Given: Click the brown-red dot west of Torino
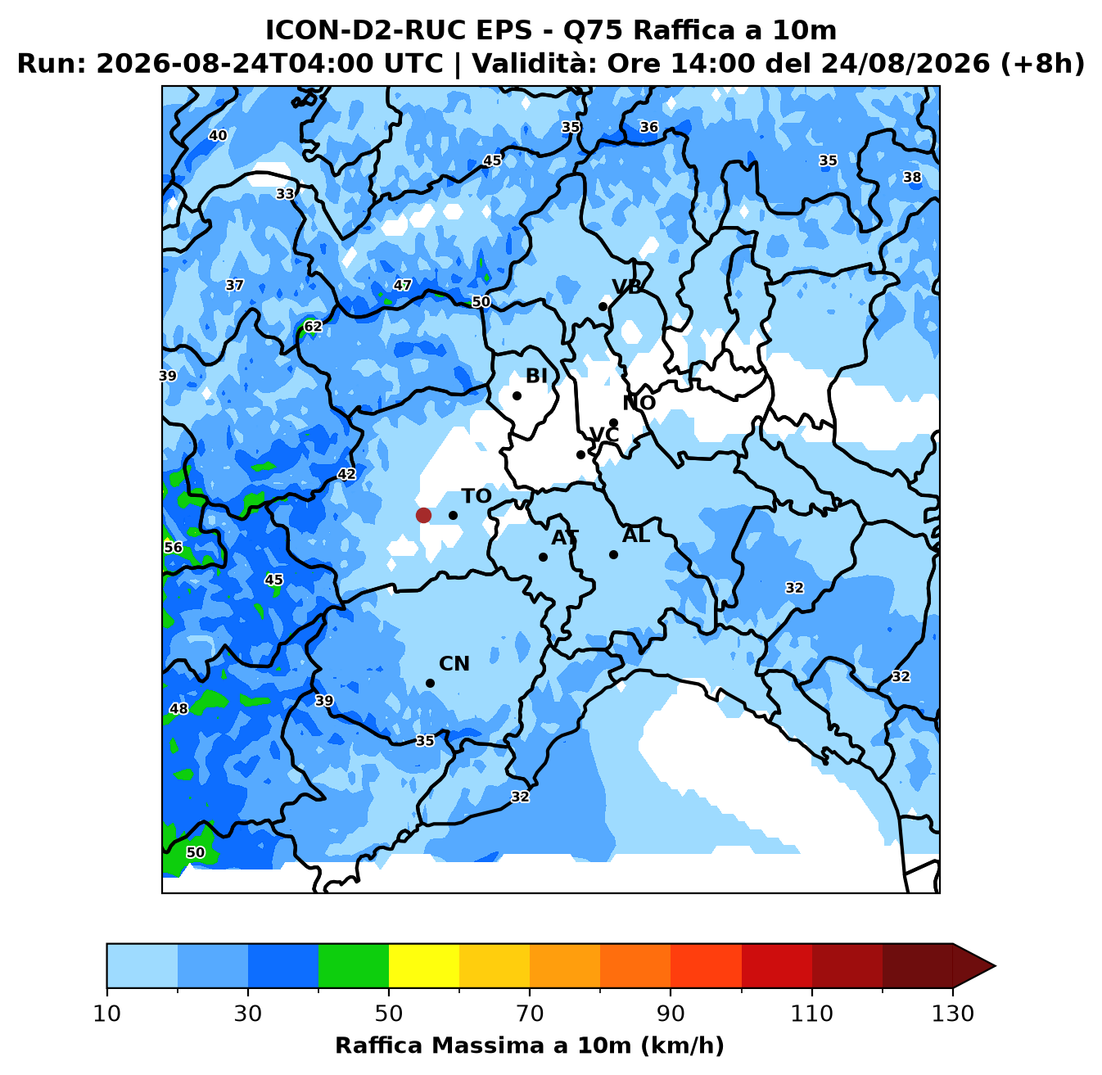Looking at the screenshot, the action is [423, 515].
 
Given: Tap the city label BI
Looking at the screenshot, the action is [536, 376].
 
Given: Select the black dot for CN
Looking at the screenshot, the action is [430, 683].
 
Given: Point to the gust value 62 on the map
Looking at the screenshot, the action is [313, 326].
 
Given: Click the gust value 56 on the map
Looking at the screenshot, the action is [174, 547].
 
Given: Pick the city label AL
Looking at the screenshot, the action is [636, 535].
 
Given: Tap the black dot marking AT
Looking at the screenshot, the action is [543, 557].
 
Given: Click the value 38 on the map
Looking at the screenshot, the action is [912, 178].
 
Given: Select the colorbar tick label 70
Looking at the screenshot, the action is [530, 1014].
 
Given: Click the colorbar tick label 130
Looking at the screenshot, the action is [952, 1014].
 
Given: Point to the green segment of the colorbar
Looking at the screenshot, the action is [354, 965].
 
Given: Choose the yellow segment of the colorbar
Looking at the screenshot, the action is [424, 965].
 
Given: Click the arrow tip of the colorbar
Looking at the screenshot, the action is [995, 965].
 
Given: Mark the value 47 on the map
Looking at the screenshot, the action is [402, 285].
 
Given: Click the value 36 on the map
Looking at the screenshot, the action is [649, 127].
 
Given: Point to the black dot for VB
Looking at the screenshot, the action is [603, 306].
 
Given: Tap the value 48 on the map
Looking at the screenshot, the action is [179, 708].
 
